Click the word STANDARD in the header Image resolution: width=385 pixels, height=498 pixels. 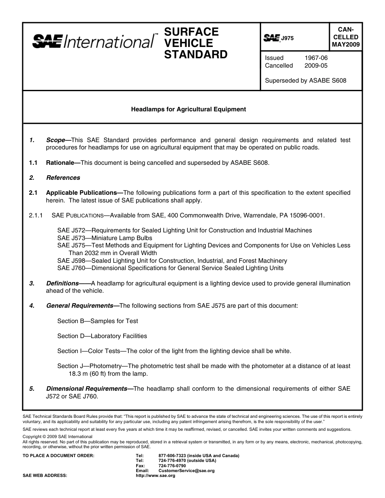(x=196, y=55)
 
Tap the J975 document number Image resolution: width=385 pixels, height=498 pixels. (x=287, y=38)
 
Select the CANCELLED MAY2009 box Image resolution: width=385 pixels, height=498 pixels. (x=345, y=37)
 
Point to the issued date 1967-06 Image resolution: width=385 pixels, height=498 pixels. (x=316, y=58)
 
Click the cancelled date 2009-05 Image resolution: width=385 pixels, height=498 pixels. (x=316, y=66)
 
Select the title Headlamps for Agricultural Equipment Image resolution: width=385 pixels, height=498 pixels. (x=188, y=109)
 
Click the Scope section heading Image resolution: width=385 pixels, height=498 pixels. (x=56, y=140)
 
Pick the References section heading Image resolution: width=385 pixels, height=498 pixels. (x=63, y=178)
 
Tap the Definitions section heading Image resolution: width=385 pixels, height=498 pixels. (x=62, y=283)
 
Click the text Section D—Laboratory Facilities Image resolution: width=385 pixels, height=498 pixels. (x=102, y=336)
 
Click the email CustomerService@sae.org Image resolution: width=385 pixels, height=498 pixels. (x=186, y=471)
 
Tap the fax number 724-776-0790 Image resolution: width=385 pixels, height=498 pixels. (x=172, y=466)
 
